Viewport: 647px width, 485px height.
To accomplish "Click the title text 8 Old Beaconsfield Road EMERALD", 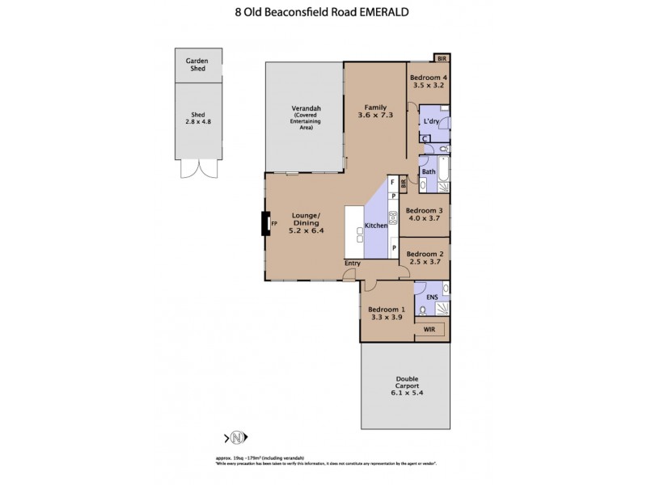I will [323, 13].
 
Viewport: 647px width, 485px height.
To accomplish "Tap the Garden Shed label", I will [197, 65].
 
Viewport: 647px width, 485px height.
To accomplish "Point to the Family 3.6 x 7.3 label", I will [374, 112].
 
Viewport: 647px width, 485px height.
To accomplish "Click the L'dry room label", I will [430, 121].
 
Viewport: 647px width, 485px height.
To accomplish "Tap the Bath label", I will [429, 171].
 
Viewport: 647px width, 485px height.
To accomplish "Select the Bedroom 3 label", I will [425, 213].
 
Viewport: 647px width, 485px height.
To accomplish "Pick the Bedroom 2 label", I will [425, 258].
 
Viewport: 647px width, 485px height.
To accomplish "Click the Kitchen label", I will [376, 226].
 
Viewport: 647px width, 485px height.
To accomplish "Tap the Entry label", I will [352, 263].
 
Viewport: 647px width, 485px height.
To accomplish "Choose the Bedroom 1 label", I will [386, 314].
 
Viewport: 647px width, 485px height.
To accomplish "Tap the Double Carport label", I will [406, 386].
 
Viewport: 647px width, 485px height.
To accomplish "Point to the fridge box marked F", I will [391, 183].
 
